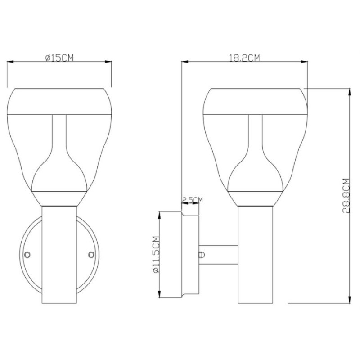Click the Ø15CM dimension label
coord(59,58)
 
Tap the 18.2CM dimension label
coord(245,58)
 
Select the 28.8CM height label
coord(346,196)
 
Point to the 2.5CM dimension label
coord(193,200)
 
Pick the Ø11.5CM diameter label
coord(156,254)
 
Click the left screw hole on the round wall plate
coord(27,255)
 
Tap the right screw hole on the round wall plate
coord(91,255)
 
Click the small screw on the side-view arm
coord(202,255)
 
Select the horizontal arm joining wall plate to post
coord(218,255)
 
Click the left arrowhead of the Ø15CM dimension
coord(10,62)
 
